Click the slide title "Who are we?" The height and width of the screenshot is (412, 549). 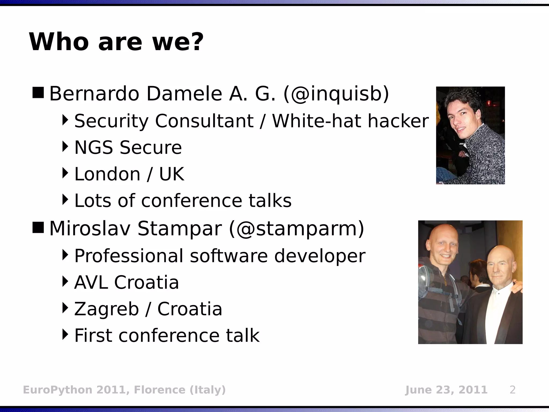(x=116, y=42)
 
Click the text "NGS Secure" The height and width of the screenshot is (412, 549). (x=128, y=148)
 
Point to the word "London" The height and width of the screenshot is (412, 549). (x=107, y=174)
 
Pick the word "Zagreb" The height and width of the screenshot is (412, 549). (x=106, y=309)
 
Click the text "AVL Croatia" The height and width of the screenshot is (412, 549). (x=126, y=282)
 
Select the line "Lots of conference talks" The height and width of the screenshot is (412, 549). (x=183, y=201)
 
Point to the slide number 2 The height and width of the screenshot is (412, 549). (x=512, y=390)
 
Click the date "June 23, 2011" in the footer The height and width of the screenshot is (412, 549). (x=446, y=390)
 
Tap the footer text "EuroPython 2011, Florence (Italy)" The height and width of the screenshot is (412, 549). (x=124, y=390)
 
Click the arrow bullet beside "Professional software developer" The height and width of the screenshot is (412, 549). (x=65, y=255)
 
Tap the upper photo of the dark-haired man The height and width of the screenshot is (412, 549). (x=470, y=135)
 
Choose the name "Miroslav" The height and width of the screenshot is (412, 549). (x=90, y=229)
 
